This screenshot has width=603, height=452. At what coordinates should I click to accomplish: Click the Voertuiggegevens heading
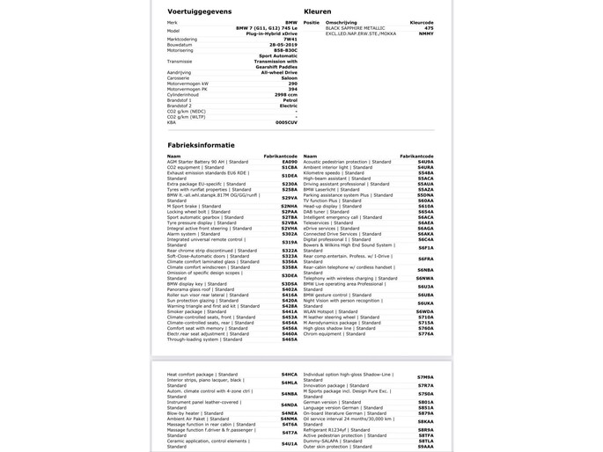pyautogui.click(x=200, y=11)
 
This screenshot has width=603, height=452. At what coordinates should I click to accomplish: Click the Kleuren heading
pyautogui.click(x=318, y=11)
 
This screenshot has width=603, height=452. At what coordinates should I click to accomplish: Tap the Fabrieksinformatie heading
pyautogui.click(x=202, y=144)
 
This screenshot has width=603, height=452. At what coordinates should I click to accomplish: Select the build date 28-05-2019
pyautogui.click(x=282, y=44)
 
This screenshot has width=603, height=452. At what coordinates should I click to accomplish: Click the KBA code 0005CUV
pyautogui.click(x=287, y=121)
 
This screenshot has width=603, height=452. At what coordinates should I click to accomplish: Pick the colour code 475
pyautogui.click(x=429, y=28)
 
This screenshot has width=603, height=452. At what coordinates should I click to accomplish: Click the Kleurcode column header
pyautogui.click(x=422, y=22)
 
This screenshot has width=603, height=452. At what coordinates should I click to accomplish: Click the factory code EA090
pyautogui.click(x=290, y=162)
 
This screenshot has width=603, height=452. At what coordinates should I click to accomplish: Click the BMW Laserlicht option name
pyautogui.click(x=321, y=189)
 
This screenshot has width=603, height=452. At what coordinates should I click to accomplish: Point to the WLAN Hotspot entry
pyautogui.click(x=325, y=311)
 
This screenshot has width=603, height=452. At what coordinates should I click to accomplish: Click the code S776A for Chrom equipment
pyautogui.click(x=425, y=333)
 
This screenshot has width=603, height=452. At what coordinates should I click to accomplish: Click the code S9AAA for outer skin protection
pyautogui.click(x=425, y=446)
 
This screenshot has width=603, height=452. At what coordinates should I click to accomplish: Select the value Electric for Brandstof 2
pyautogui.click(x=288, y=105)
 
